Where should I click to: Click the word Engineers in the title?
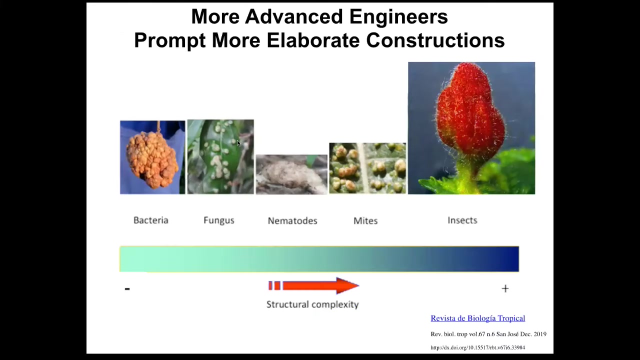[398, 17]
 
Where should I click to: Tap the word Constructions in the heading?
[435, 40]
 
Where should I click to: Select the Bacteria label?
[151, 220]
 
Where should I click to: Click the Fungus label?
[219, 220]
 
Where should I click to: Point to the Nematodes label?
[292, 221]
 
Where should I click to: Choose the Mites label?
[365, 221]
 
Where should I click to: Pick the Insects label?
[462, 220]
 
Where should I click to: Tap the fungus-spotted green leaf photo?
[220, 157]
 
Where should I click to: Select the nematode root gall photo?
[291, 174]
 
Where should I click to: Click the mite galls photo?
[367, 168]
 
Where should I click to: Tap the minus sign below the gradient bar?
[127, 289]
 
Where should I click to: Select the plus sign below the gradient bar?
[505, 288]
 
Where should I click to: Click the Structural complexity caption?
[312, 304]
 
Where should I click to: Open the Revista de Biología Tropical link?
[477, 318]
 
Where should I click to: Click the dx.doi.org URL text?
[477, 347]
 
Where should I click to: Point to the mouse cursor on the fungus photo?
[239, 143]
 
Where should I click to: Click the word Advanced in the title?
[293, 17]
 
